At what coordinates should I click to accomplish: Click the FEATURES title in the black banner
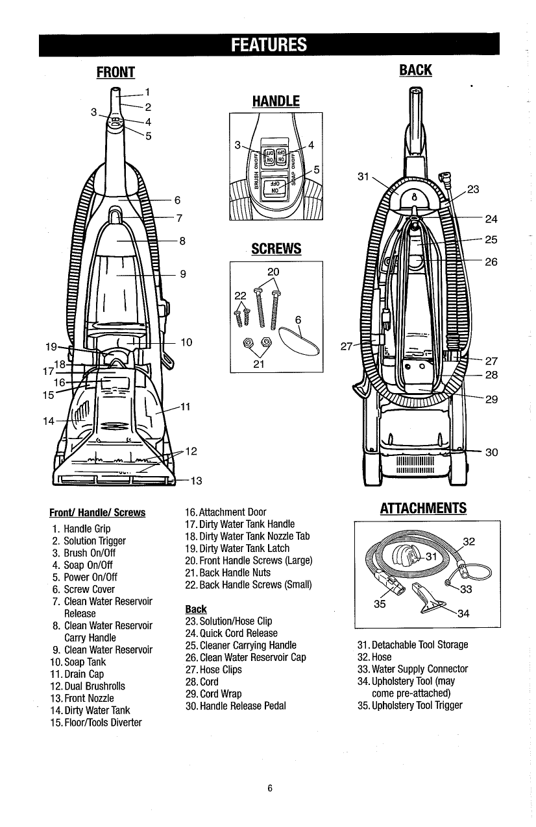268,45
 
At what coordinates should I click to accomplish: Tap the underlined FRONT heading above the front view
115,71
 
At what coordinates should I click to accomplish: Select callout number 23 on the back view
473,190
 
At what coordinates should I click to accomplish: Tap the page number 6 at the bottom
268,789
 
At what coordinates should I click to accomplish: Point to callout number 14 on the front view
48,421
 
